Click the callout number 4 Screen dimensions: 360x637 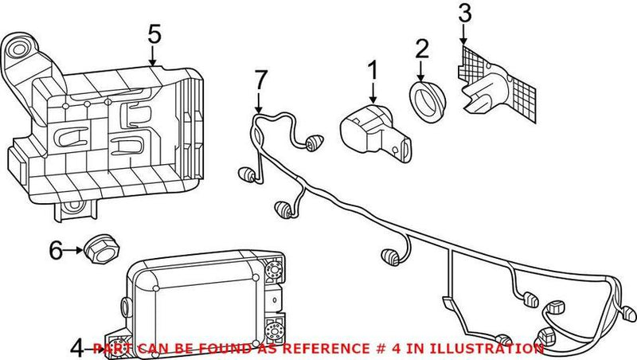point(76,348)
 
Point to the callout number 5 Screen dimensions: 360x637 point(154,33)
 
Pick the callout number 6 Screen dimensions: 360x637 point(55,251)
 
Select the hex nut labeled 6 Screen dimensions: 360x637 point(100,248)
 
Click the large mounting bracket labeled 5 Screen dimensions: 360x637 point(111,135)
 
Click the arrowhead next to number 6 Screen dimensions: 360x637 point(81,251)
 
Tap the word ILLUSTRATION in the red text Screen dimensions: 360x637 point(494,349)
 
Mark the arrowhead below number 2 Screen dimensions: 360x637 point(422,76)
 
